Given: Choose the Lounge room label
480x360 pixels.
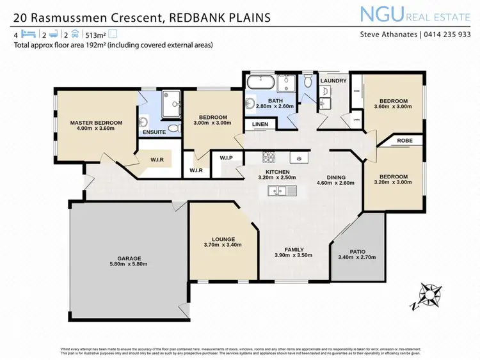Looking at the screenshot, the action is [220, 240].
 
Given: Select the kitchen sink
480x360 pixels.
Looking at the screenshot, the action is [282, 189].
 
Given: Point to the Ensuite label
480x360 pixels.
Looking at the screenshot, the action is [154, 132].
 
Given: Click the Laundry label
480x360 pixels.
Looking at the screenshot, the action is [333, 81].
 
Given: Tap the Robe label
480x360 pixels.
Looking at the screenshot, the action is [404, 140].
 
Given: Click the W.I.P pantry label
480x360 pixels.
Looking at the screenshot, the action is [226, 157].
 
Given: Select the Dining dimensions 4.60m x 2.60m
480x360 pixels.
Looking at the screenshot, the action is [335, 184].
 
